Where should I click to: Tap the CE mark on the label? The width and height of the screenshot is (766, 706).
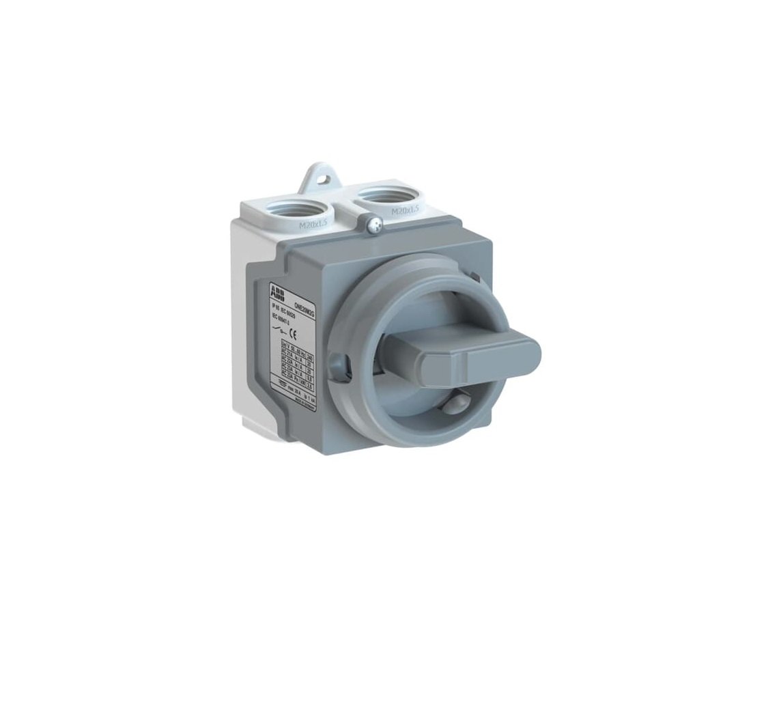click(292, 334)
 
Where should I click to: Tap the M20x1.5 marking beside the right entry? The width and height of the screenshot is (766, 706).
click(405, 212)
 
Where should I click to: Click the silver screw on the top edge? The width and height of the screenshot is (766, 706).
click(371, 223)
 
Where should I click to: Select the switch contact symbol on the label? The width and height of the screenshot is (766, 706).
click(278, 330)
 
